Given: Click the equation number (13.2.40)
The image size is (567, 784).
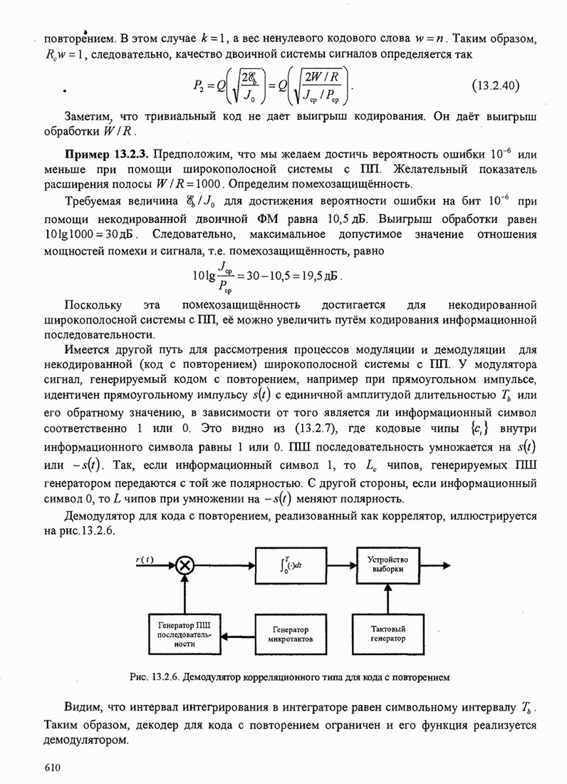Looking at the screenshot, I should (x=496, y=86).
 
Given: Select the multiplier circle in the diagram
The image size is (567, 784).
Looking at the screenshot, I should (x=184, y=566).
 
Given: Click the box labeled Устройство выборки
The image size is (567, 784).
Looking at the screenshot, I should (x=387, y=564).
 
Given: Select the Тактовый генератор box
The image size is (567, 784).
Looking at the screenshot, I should (x=387, y=634).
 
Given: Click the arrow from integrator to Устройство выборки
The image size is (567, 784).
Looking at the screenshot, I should (x=340, y=566).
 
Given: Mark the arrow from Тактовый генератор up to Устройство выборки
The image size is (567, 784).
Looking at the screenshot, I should (x=387, y=599).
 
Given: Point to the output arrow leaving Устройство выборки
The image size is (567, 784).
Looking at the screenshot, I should (x=435, y=565).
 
